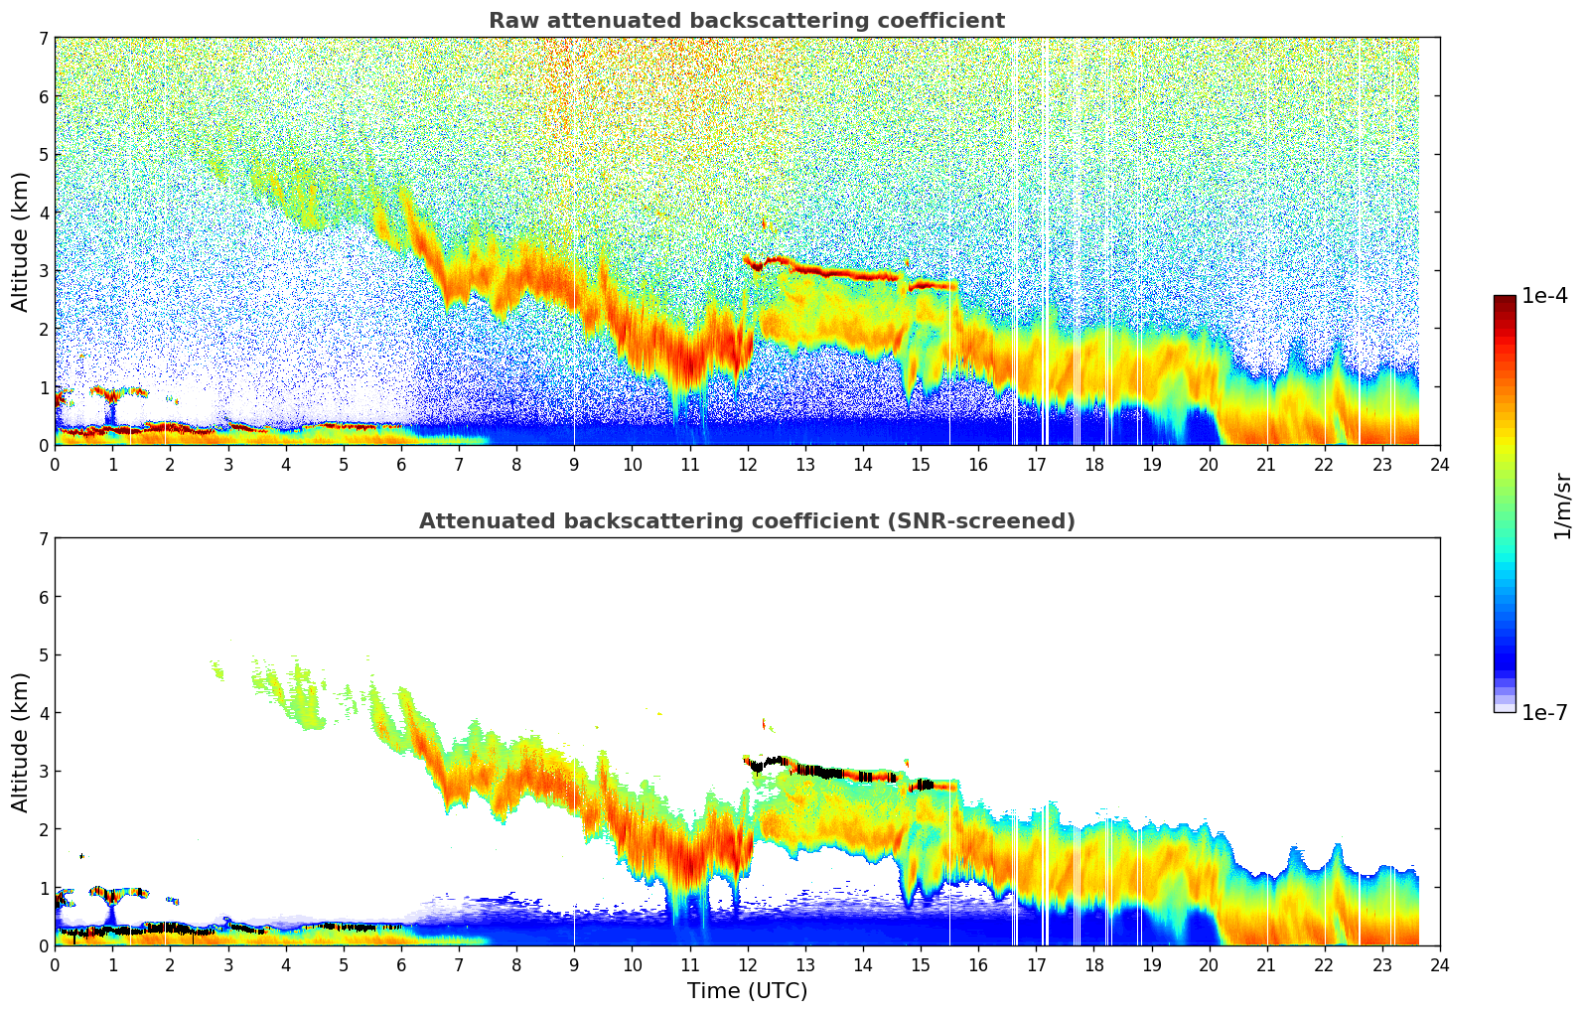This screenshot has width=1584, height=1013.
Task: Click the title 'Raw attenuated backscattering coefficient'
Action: (x=746, y=21)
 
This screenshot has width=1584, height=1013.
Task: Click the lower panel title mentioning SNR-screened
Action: (x=746, y=521)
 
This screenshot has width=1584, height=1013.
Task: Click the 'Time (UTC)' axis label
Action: (x=747, y=990)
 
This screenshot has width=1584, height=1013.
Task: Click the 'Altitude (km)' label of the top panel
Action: (x=21, y=241)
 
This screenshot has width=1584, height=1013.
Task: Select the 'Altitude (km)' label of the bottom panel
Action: (x=21, y=742)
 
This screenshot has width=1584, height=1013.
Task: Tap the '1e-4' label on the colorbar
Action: (x=1544, y=295)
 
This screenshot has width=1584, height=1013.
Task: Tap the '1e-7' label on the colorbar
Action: (x=1544, y=712)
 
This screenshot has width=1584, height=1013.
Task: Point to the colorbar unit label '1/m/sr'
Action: (x=1562, y=506)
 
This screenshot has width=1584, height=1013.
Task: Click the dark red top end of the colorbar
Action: (x=1505, y=300)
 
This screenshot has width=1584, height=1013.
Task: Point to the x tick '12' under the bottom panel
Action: (x=747, y=964)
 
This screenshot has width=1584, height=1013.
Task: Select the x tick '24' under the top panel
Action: (x=1439, y=464)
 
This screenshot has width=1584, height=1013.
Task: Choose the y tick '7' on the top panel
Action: (x=43, y=38)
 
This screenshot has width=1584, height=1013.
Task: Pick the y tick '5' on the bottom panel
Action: (x=43, y=654)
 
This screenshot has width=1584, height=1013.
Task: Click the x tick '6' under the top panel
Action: (x=401, y=464)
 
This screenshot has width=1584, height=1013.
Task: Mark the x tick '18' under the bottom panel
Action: (x=1093, y=964)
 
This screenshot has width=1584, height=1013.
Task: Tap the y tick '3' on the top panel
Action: (x=43, y=270)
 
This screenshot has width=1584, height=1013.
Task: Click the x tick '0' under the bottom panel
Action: (x=55, y=964)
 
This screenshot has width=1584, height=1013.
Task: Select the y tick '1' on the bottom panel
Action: (x=43, y=887)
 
